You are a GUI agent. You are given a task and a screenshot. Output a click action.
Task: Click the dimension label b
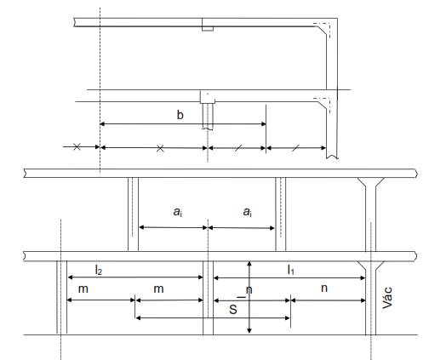coord(180,115)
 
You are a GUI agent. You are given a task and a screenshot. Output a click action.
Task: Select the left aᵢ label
coord(178,212)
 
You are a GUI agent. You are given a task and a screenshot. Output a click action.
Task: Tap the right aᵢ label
coord(248,212)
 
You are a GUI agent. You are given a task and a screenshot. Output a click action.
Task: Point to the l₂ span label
coord(99,270)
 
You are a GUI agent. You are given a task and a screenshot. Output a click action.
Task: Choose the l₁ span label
coord(291,270)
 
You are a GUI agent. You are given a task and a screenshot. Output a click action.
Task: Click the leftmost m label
coord(83,289)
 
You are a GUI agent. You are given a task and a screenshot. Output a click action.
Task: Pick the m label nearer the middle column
coord(158,289)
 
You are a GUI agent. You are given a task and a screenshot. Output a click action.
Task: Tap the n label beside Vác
coord(324,289)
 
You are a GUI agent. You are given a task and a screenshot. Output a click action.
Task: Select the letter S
coord(233,309)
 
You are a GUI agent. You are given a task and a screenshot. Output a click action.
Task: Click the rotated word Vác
coord(387,298)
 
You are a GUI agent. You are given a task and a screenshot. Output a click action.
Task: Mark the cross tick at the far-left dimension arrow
coord(77,147)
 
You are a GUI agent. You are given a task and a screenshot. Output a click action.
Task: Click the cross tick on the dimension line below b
coord(160,148)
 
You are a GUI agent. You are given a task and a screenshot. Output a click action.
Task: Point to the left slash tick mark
coord(238,148)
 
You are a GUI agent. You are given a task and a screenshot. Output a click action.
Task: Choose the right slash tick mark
coord(295,148)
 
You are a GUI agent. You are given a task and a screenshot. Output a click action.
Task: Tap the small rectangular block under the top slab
coord(208,29)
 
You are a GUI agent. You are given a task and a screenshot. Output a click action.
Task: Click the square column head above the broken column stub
coord(208,97)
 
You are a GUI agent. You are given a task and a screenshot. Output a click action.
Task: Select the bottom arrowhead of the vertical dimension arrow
coord(249,331)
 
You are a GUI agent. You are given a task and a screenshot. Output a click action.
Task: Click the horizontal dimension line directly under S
coord(213,318)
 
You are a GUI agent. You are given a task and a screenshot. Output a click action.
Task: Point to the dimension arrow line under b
coord(183,124)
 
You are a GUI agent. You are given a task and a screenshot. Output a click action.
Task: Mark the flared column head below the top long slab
coord(370,182)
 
